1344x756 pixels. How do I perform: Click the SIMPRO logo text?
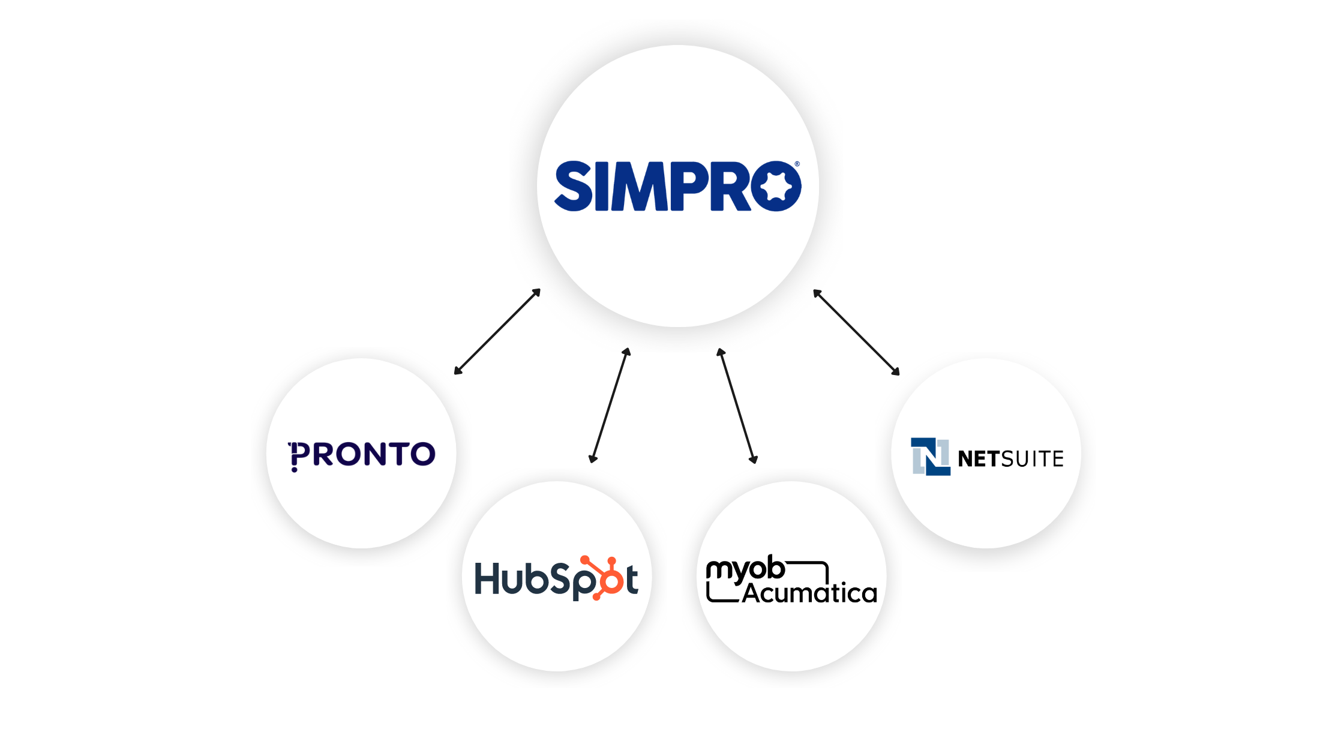[x=677, y=186]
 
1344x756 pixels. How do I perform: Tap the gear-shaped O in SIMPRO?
[x=776, y=186]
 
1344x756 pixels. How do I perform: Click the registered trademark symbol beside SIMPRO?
[x=797, y=164]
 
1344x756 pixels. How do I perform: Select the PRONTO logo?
[x=362, y=455]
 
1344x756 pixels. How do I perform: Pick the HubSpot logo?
[x=556, y=578]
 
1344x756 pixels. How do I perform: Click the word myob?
[x=745, y=569]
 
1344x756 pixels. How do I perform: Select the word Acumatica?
[x=809, y=593]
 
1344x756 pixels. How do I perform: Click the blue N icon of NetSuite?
[x=930, y=457]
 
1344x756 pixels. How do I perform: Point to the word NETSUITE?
[x=1011, y=459]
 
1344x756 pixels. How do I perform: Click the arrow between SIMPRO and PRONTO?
[x=497, y=332]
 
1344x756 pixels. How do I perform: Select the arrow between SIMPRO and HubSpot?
[x=610, y=406]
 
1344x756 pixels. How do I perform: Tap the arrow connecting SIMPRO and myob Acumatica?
[x=737, y=406]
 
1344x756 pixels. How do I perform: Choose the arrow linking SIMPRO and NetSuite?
[x=856, y=332]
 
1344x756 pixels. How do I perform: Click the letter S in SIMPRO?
[x=574, y=186]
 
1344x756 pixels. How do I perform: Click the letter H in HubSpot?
[x=487, y=578]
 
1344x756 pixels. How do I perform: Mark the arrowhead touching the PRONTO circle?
[x=458, y=371]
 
